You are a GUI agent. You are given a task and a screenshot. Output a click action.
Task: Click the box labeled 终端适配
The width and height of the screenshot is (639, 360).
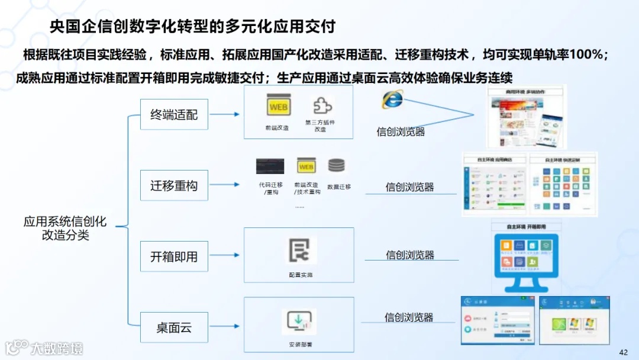tap(174, 115)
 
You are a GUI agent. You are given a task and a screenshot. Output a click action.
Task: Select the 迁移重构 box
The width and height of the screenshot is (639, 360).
tap(174, 186)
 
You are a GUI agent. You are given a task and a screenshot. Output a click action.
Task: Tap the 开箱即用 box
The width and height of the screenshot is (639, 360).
tap(174, 257)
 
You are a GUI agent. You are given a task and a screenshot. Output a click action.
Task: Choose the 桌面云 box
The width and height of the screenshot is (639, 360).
tap(174, 327)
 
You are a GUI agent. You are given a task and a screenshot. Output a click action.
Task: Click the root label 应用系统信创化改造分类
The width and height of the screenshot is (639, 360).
tap(65, 228)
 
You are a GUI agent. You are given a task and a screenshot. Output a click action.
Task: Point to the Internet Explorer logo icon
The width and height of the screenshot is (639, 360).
tap(392, 99)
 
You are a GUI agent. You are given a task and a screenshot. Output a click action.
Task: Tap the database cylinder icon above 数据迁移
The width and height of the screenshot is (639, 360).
tap(337, 166)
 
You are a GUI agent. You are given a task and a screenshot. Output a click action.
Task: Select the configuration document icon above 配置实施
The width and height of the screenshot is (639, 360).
tap(299, 250)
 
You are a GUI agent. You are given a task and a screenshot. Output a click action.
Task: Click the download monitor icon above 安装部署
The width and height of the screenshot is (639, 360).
tap(299, 322)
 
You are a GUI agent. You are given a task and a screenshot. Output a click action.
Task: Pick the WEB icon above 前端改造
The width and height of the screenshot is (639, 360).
tap(278, 107)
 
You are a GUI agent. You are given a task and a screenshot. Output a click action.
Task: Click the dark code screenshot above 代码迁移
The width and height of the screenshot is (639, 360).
tap(270, 166)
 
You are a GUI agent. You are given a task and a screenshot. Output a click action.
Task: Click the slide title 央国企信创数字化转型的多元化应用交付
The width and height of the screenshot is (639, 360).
tap(193, 27)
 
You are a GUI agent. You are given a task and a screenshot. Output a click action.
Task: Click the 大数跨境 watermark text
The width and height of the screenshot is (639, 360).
tap(57, 348)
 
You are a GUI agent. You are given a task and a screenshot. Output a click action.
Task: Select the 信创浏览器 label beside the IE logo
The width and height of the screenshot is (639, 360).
tap(401, 131)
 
